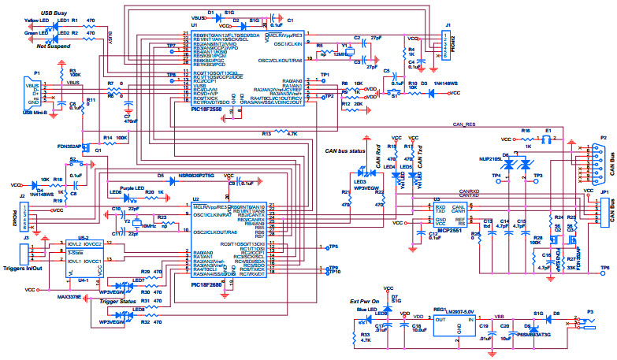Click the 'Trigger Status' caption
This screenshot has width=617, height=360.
pos(119,302)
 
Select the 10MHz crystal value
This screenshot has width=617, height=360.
pos(151,226)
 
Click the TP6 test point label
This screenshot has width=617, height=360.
pos(604,269)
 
